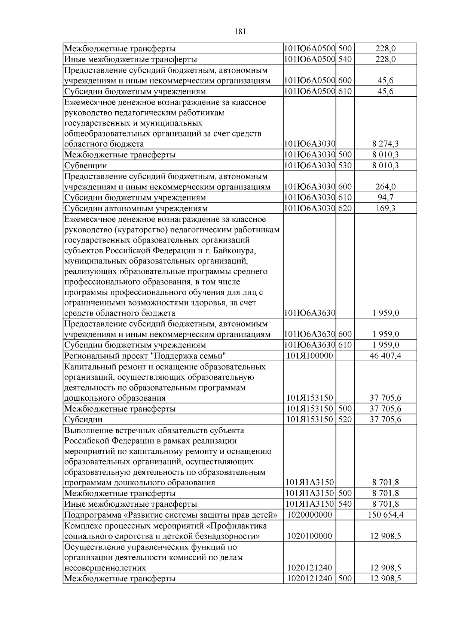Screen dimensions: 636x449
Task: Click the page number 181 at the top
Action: click(x=240, y=31)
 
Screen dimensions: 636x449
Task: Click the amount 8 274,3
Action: click(x=385, y=144)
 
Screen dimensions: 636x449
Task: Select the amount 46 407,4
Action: click(x=385, y=356)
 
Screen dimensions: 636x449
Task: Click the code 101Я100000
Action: click(x=309, y=356)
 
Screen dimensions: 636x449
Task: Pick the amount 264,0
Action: click(x=385, y=187)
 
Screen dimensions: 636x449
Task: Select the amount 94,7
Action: click(x=385, y=198)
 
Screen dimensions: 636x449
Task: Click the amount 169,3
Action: click(x=385, y=208)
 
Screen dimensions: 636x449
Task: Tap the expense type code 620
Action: click(x=345, y=208)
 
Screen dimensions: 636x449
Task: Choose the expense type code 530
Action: click(x=345, y=165)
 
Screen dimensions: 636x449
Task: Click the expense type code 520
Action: click(x=345, y=419)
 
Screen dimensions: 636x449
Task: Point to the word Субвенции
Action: click(x=86, y=166)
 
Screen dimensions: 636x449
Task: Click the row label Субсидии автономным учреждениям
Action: click(x=136, y=208)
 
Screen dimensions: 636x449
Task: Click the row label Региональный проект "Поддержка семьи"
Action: click(x=146, y=356)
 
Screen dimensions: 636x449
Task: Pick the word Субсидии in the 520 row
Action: click(x=83, y=419)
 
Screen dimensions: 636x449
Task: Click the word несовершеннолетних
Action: click(x=105, y=568)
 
